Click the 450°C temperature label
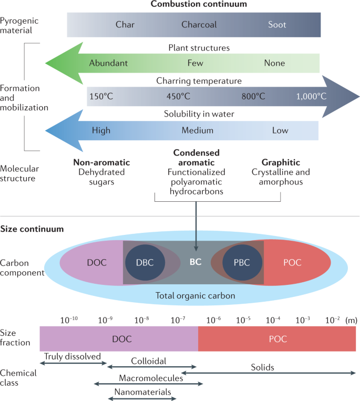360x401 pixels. pos(178,96)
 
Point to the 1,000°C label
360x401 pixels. pos(311,96)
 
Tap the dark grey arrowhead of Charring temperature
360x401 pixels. pos(342,96)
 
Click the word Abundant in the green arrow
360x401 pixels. pos(108,63)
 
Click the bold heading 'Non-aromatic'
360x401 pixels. pos(101,162)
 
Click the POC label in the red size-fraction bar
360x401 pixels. pos(276,339)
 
